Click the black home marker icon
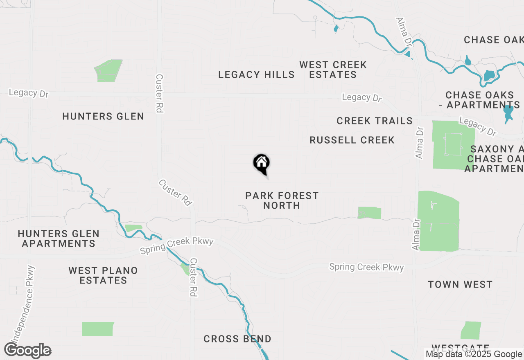[x=261, y=164]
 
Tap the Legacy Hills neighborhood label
[x=256, y=74]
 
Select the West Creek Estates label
[x=333, y=70]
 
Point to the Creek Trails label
[x=375, y=121]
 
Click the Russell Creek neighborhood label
[x=352, y=140]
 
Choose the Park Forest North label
[x=282, y=200]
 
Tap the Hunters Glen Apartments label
[x=59, y=239]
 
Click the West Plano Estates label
[x=103, y=275]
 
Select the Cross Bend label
[x=237, y=339]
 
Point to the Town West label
[x=460, y=284]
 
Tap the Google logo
[x=28, y=351]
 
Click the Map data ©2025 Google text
[x=474, y=354]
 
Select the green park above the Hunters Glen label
[x=108, y=70]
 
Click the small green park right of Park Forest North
[x=369, y=213]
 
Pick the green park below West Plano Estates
[x=97, y=329]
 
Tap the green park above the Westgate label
[x=471, y=330]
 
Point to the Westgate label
[x=460, y=348]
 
